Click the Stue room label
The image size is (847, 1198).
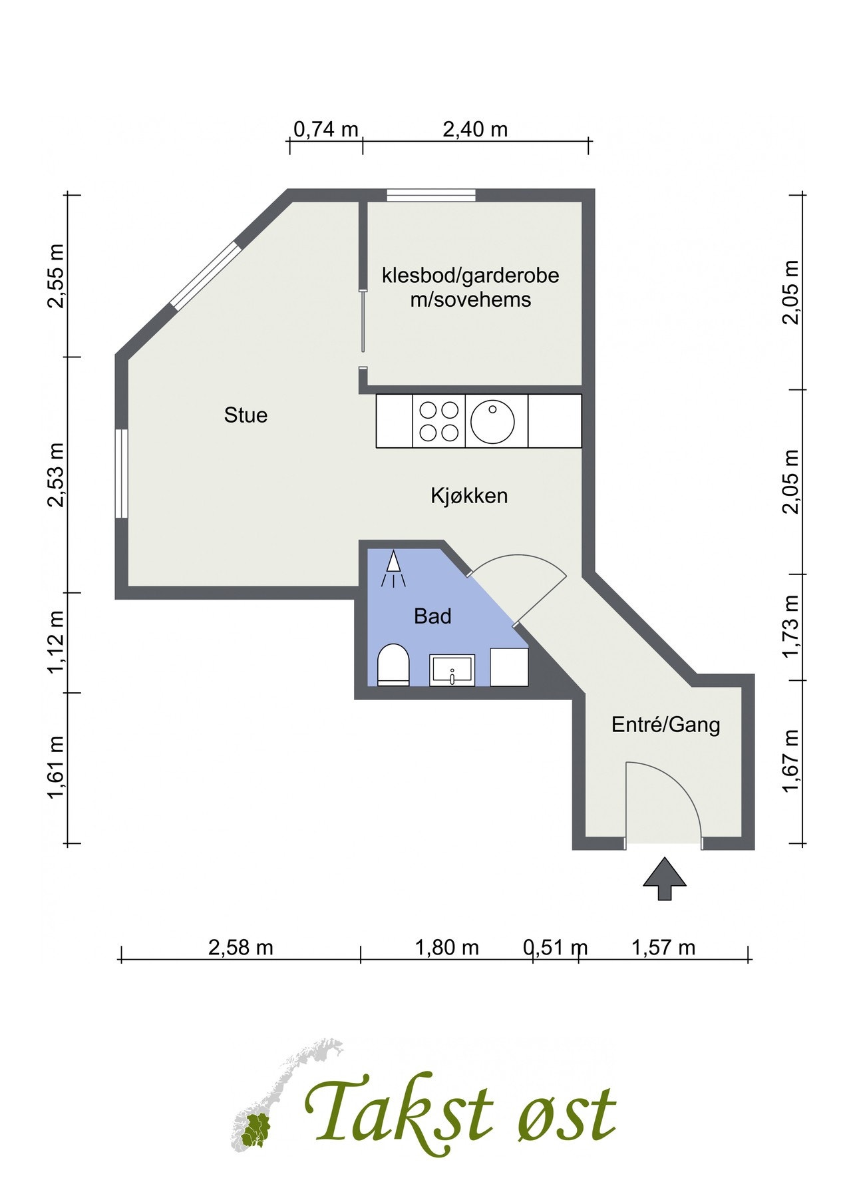pos(246,415)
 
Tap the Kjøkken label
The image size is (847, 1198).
pos(469,496)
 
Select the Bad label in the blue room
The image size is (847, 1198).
pos(432,616)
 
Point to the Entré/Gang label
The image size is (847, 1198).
pos(665,724)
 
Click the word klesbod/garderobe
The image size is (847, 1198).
pos(470,275)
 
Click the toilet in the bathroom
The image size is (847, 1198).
pos(393,664)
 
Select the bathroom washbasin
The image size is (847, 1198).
pos(452,670)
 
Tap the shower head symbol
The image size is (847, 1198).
pos(393,569)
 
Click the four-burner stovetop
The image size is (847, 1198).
pos(439,421)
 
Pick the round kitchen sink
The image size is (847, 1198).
pos(492,421)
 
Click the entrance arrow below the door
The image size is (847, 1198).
pos(664,879)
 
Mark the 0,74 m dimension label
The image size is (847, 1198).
pos(325,129)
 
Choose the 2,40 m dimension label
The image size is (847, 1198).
pos(475,129)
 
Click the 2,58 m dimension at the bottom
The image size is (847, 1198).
pos(241,947)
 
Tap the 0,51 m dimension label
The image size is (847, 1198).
pos(556,947)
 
